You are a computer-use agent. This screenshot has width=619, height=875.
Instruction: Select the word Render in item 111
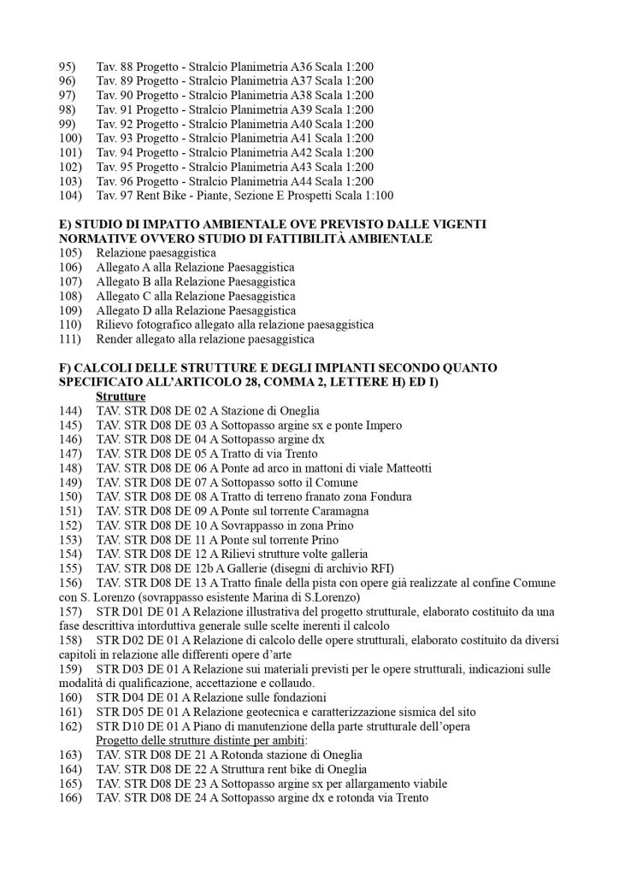(x=114, y=339)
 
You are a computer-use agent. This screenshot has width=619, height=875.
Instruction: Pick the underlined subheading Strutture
(x=120, y=397)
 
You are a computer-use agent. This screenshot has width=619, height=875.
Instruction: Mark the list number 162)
(x=69, y=726)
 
